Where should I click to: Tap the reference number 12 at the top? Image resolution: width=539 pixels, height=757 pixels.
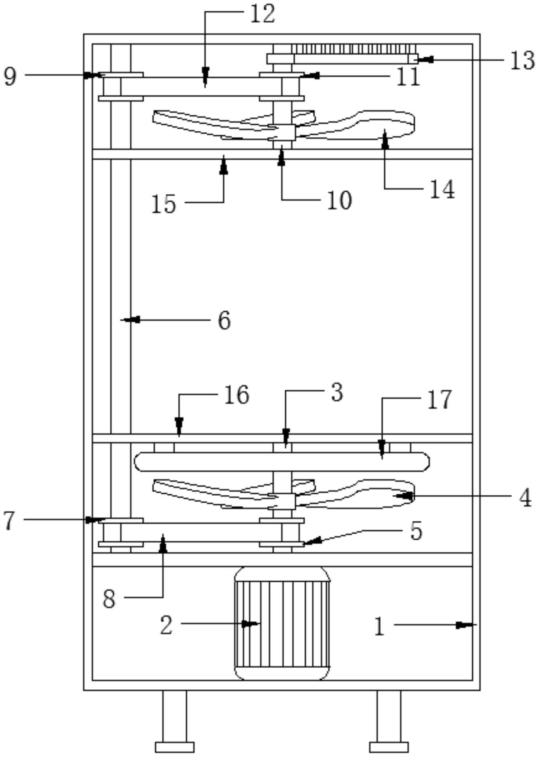pos(262,14)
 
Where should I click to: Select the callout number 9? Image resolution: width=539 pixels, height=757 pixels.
pos(10,76)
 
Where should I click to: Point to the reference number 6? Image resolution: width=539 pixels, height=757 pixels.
pos(224,320)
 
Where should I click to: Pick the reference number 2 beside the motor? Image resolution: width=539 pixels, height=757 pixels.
pos(166,625)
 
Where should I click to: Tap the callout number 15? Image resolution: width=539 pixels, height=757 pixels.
pos(163,204)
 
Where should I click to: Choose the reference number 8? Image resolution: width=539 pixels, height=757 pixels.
pos(109,599)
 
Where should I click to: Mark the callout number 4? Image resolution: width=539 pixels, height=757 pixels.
pos(525,498)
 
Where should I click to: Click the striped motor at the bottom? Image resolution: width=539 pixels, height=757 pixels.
pos(282,623)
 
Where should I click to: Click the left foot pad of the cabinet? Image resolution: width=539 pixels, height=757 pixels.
pos(174,747)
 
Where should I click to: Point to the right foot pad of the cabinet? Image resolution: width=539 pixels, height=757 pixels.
pos(389,747)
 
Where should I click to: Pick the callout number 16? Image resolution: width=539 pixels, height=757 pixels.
pos(237,395)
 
